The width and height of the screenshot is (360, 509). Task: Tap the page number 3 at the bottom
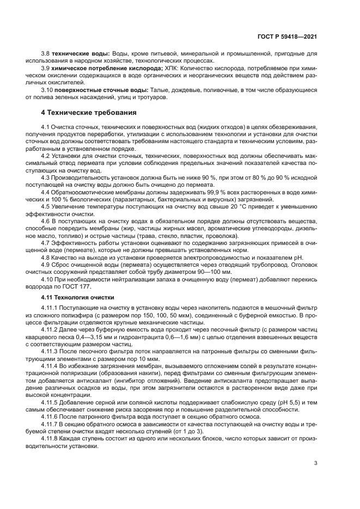click(315, 464)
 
